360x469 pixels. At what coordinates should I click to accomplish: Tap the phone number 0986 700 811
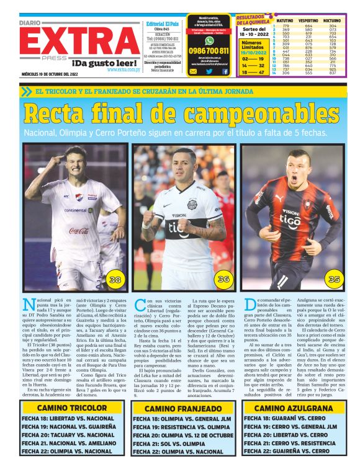[x=209, y=51]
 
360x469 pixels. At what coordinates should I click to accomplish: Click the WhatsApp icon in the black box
[x=209, y=40]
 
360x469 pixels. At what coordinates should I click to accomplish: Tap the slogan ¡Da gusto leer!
[x=105, y=62]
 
